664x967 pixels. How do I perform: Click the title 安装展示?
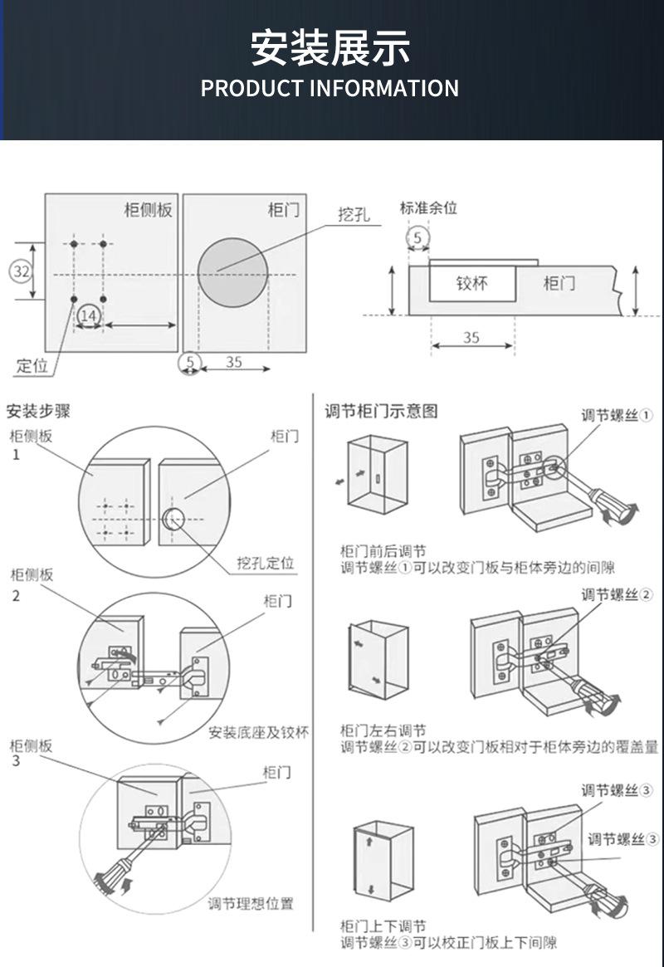[x=330, y=47]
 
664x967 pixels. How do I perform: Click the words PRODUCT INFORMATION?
[x=330, y=88]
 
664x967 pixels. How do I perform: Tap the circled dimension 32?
[x=22, y=271]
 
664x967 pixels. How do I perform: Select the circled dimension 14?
[x=89, y=315]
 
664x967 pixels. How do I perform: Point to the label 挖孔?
[x=353, y=215]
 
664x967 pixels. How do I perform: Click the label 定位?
[x=32, y=365]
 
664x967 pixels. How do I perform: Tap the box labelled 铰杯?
[x=471, y=283]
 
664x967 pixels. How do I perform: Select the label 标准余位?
[x=428, y=208]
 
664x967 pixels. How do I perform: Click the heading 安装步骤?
[x=38, y=411]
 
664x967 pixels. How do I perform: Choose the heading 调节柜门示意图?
[x=380, y=411]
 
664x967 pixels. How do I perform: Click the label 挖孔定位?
[x=266, y=564]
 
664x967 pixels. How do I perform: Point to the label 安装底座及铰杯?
[x=258, y=732]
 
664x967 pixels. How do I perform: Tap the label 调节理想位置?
[x=250, y=904]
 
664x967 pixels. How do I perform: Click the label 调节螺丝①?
[x=617, y=415]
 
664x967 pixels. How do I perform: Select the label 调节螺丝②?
[x=617, y=594]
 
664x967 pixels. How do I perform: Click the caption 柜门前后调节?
[x=383, y=551]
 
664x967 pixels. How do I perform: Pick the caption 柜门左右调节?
[x=383, y=730]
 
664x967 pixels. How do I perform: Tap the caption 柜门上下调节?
[x=383, y=926]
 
